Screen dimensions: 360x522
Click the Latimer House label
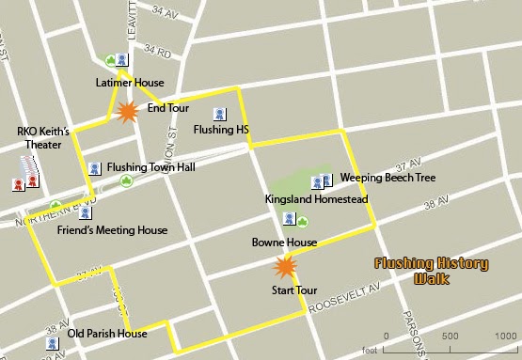(x=130, y=83)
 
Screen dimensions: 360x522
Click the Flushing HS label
(x=217, y=129)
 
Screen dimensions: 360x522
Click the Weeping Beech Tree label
(x=387, y=177)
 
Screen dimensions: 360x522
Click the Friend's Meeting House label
(x=112, y=230)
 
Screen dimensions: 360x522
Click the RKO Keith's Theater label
(x=39, y=138)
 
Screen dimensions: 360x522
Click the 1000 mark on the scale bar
(x=508, y=337)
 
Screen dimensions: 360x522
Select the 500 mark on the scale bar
(x=450, y=337)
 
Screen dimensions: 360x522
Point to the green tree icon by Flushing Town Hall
(x=126, y=180)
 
